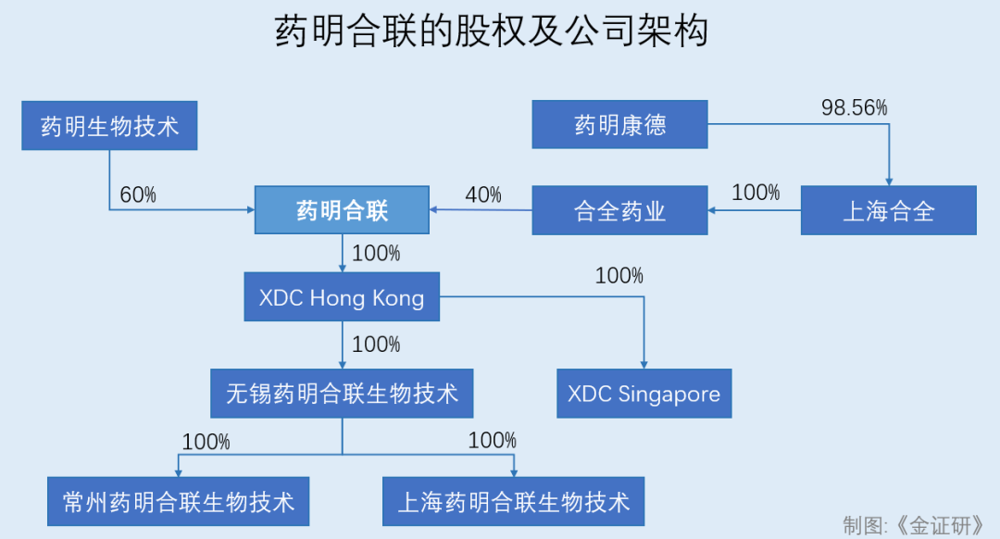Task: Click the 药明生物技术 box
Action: [x=109, y=125]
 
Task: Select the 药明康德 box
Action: [x=619, y=124]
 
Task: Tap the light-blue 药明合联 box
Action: [x=342, y=210]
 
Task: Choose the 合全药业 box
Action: [x=619, y=210]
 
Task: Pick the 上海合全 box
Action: [x=888, y=210]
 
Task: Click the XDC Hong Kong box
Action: [x=342, y=297]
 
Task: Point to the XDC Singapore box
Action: [x=644, y=394]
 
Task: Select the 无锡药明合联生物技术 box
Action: [x=342, y=394]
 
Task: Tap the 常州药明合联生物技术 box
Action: [x=179, y=501]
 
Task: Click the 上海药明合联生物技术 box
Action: [x=513, y=501]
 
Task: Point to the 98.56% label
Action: [x=854, y=107]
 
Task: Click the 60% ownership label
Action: [x=138, y=195]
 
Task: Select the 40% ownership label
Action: [x=482, y=194]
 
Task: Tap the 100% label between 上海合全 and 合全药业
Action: [x=756, y=193]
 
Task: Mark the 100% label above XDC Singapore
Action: [x=619, y=275]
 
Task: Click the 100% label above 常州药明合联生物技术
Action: [x=206, y=442]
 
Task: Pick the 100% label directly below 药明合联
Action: [x=376, y=253]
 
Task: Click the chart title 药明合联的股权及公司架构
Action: [x=492, y=32]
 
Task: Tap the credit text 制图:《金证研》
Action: [x=913, y=524]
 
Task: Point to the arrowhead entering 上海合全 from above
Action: [x=889, y=181]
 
